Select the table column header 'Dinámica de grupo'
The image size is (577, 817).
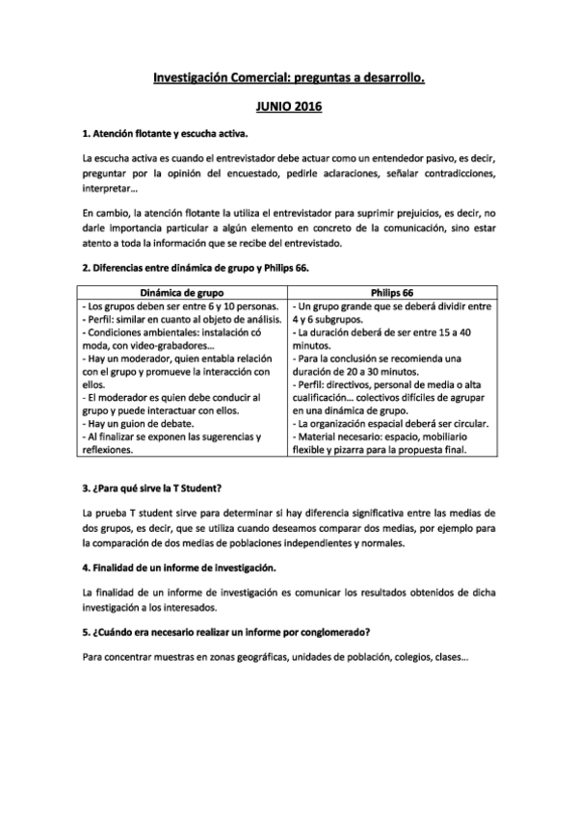(181, 291)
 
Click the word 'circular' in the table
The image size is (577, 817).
(472, 423)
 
